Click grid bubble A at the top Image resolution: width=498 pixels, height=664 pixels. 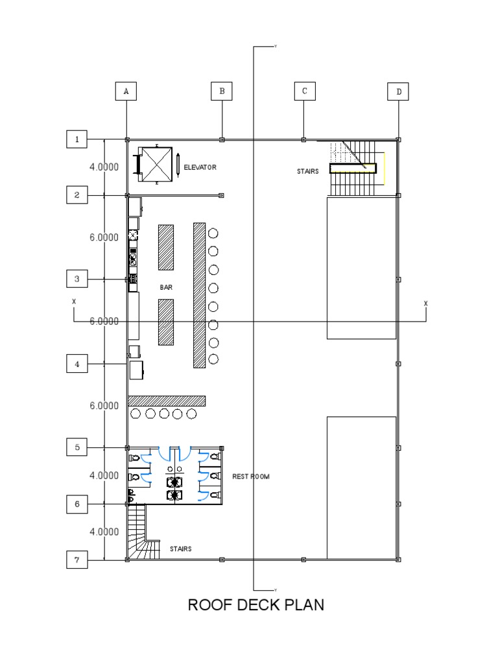(x=126, y=92)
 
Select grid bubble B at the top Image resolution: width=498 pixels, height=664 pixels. (x=222, y=91)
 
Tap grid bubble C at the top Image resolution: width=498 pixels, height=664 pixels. (x=304, y=91)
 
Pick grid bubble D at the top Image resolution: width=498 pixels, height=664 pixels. (x=399, y=92)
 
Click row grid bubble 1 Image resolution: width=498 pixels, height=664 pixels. (x=77, y=139)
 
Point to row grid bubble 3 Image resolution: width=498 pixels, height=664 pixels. (x=77, y=279)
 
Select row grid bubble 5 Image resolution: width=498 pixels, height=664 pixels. (x=77, y=447)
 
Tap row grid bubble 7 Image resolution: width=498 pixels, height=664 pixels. (x=77, y=560)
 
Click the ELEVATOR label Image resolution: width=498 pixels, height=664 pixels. (x=200, y=167)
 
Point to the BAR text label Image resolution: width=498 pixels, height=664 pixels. (x=166, y=287)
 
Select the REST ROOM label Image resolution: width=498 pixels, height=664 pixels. (x=250, y=477)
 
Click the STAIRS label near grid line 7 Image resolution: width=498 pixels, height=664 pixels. (x=180, y=549)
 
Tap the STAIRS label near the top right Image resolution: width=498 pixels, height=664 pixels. (x=308, y=172)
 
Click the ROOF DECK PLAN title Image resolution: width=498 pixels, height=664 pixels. (x=255, y=605)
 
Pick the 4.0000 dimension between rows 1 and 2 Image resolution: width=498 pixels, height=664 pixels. (x=104, y=167)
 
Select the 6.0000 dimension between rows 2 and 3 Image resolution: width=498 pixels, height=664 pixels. (x=104, y=237)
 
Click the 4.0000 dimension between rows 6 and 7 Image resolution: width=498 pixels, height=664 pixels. (x=104, y=532)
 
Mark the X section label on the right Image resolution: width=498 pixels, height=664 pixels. (x=425, y=303)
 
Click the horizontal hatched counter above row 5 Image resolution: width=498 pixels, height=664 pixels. (x=167, y=401)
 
